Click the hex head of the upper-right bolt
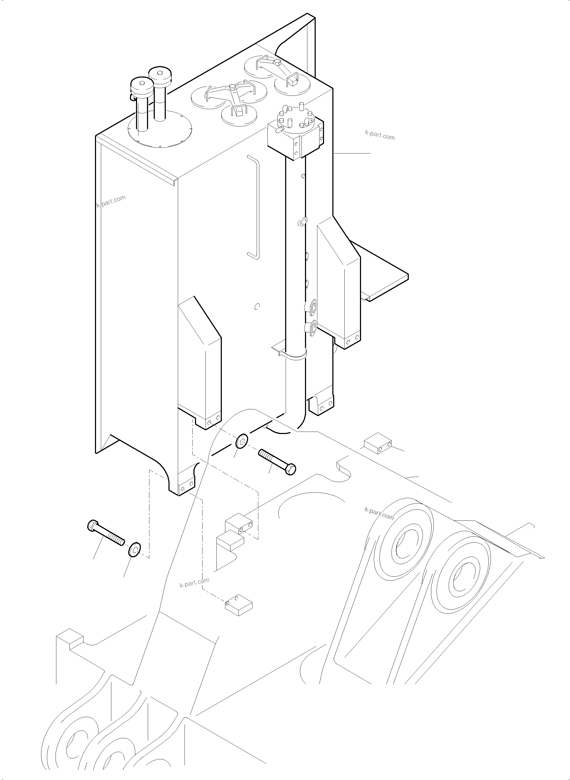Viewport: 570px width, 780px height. (x=290, y=469)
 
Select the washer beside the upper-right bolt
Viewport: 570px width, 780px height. (x=241, y=442)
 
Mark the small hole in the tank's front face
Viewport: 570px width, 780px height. (x=256, y=306)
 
